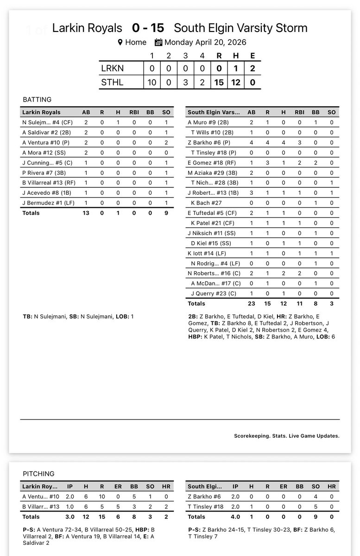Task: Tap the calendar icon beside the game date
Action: (158, 42)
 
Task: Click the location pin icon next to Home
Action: (120, 42)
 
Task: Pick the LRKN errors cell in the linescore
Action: (252, 69)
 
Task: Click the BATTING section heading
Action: (37, 99)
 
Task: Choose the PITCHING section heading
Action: (38, 473)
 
